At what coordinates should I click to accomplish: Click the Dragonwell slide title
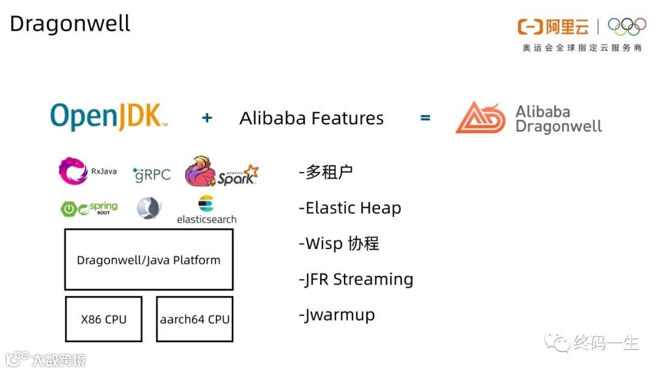click(70, 24)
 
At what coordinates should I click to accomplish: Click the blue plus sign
click(207, 118)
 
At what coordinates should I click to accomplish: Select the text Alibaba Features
click(312, 118)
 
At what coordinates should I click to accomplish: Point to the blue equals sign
click(425, 117)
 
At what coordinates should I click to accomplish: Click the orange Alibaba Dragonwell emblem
click(481, 118)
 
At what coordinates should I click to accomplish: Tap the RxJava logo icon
click(73, 171)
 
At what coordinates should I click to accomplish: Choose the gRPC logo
click(151, 174)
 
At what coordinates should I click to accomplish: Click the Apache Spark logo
click(221, 172)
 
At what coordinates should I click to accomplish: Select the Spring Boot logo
click(89, 209)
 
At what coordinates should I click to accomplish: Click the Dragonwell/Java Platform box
click(149, 259)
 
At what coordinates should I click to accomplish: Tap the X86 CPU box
click(103, 319)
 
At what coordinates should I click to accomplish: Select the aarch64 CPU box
click(195, 319)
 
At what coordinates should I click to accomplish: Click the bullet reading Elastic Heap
click(350, 208)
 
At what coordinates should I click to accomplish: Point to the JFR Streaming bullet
click(356, 279)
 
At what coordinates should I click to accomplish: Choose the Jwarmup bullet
click(337, 315)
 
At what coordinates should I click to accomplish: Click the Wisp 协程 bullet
click(339, 244)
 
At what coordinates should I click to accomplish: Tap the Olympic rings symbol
click(627, 26)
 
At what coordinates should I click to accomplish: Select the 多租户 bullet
click(326, 173)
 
